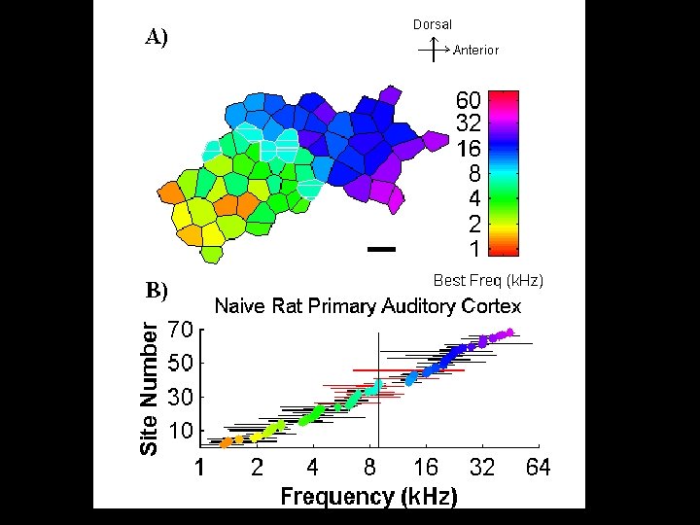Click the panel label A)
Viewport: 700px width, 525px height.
pyautogui.click(x=157, y=38)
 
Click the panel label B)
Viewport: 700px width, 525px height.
pyautogui.click(x=157, y=290)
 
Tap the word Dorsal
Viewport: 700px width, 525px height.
pyautogui.click(x=433, y=24)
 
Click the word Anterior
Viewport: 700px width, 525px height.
pyautogui.click(x=476, y=50)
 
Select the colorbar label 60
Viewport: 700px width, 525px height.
pyautogui.click(x=469, y=100)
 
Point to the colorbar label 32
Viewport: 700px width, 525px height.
pyautogui.click(x=469, y=124)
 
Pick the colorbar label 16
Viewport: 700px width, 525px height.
pyautogui.click(x=469, y=150)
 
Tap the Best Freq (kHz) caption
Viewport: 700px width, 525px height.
pyautogui.click(x=488, y=280)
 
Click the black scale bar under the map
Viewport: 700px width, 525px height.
pyautogui.click(x=383, y=249)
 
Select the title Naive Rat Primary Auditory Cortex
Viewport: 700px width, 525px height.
pyautogui.click(x=367, y=306)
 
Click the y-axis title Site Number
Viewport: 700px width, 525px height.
pyautogui.click(x=149, y=389)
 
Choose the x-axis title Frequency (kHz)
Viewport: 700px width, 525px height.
pyautogui.click(x=368, y=497)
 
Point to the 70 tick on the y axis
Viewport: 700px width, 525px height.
pyautogui.click(x=180, y=330)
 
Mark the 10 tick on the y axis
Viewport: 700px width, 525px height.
pyautogui.click(x=180, y=431)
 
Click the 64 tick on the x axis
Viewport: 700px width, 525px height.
pyautogui.click(x=538, y=468)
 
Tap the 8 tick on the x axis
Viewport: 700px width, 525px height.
pyautogui.click(x=369, y=468)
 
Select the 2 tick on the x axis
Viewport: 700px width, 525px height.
pyautogui.click(x=257, y=468)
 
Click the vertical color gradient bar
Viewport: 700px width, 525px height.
pyautogui.click(x=504, y=172)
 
